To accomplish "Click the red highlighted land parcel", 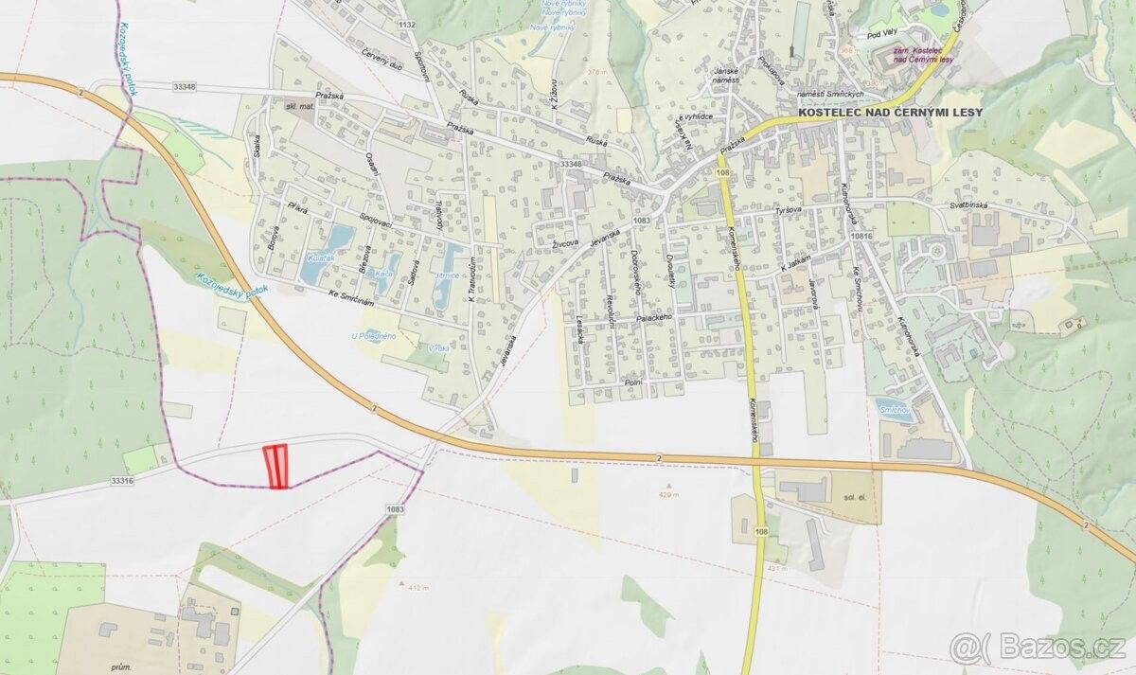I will coord(275,466).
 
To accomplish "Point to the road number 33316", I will coord(122,481).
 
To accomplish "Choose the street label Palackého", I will coord(653,318).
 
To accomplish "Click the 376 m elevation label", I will coord(596,72).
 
